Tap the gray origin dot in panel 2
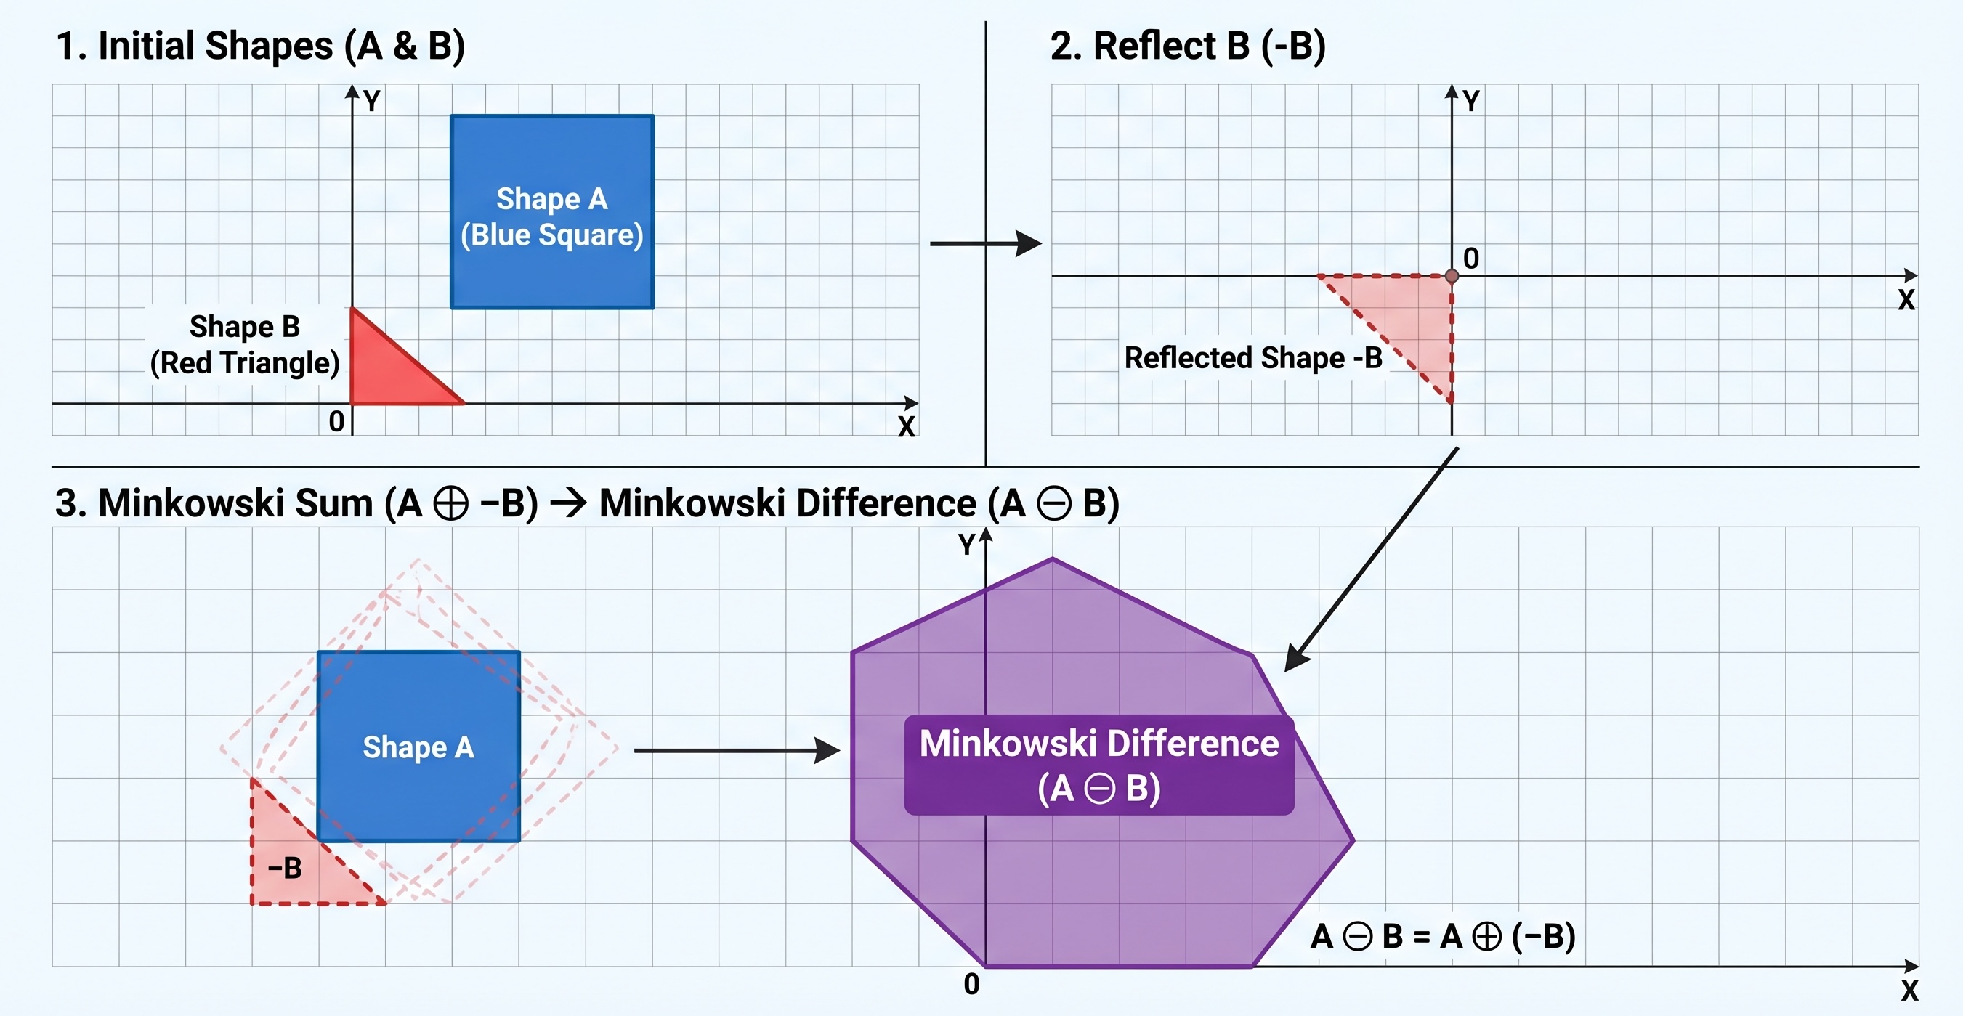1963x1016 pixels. click(1452, 276)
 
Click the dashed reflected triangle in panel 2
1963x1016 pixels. click(1417, 312)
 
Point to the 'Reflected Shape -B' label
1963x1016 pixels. click(1252, 358)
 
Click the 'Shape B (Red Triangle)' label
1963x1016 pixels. click(244, 345)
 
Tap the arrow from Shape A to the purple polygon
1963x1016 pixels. click(735, 750)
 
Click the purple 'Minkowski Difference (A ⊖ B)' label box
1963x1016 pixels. click(1099, 765)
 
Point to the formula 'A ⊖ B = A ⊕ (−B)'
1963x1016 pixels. click(1443, 936)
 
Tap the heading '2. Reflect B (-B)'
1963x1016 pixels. click(1187, 46)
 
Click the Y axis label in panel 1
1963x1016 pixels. click(371, 100)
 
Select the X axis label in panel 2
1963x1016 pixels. click(1905, 300)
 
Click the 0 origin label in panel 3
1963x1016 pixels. click(971, 984)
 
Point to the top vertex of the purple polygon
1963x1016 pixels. click(1053, 560)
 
